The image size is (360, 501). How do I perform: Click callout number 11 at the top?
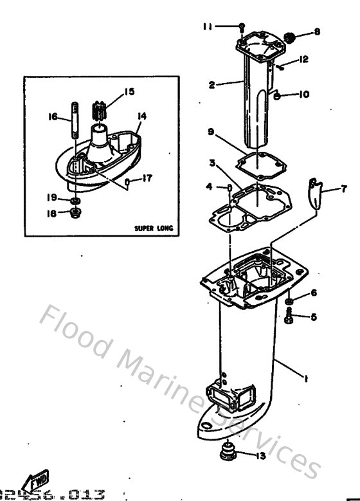click(206, 26)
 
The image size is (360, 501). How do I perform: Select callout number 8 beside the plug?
click(316, 32)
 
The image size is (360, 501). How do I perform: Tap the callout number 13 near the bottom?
click(260, 456)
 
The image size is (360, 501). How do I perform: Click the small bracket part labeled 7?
click(314, 194)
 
